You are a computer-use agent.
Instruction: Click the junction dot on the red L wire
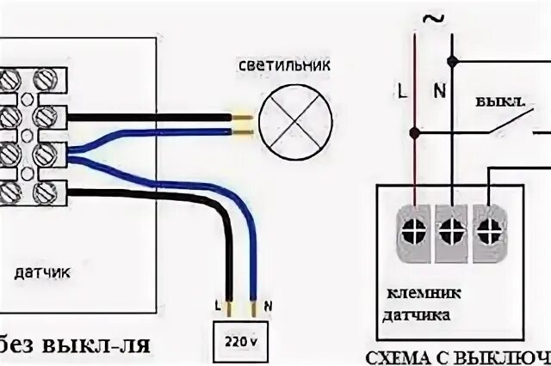416,133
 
